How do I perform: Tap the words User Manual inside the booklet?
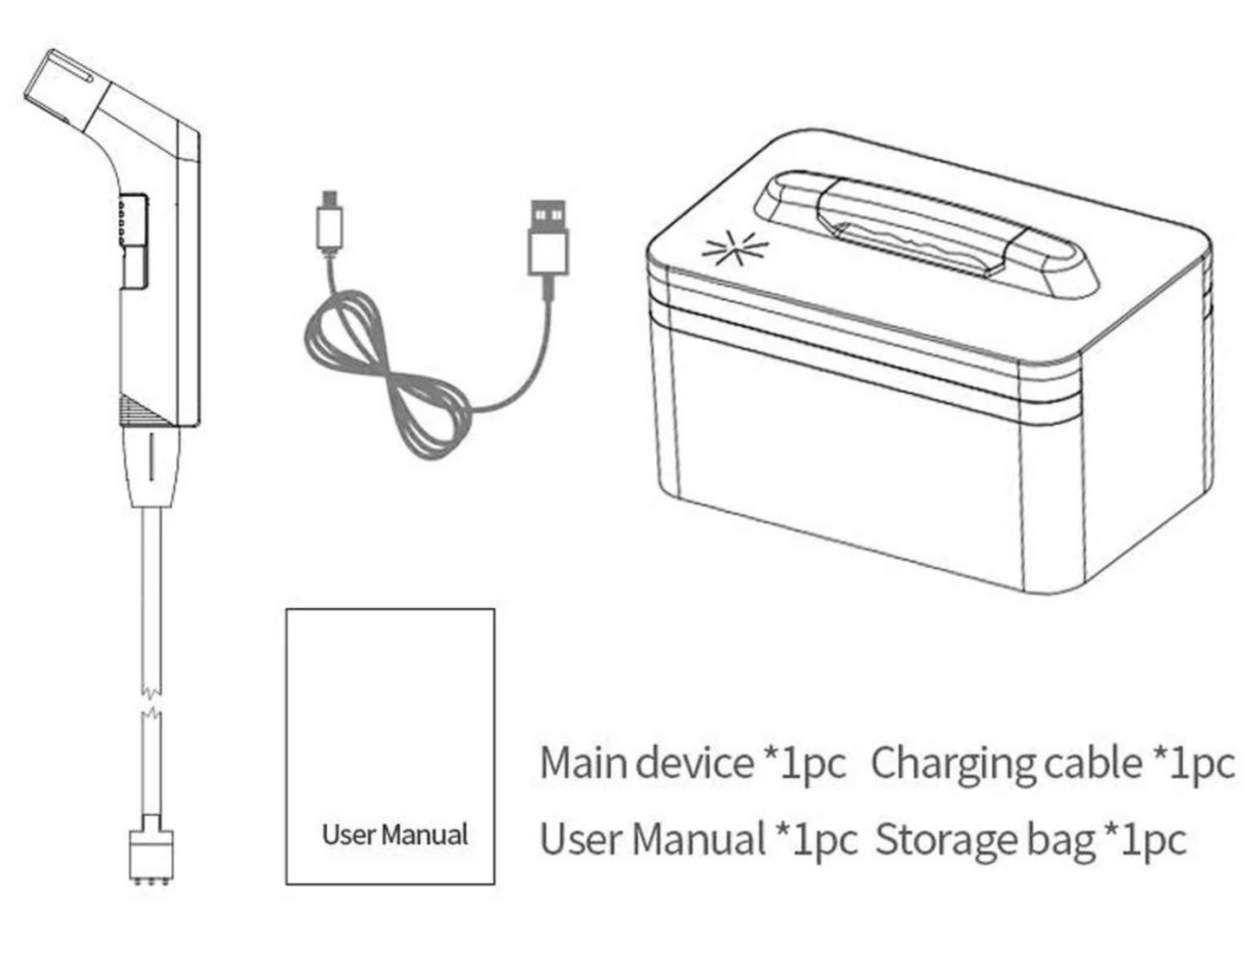pyautogui.click(x=395, y=834)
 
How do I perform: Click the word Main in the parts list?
pyautogui.click(x=582, y=763)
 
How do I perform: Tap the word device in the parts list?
pyautogui.click(x=694, y=763)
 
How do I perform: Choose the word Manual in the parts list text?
pyautogui.click(x=698, y=840)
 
